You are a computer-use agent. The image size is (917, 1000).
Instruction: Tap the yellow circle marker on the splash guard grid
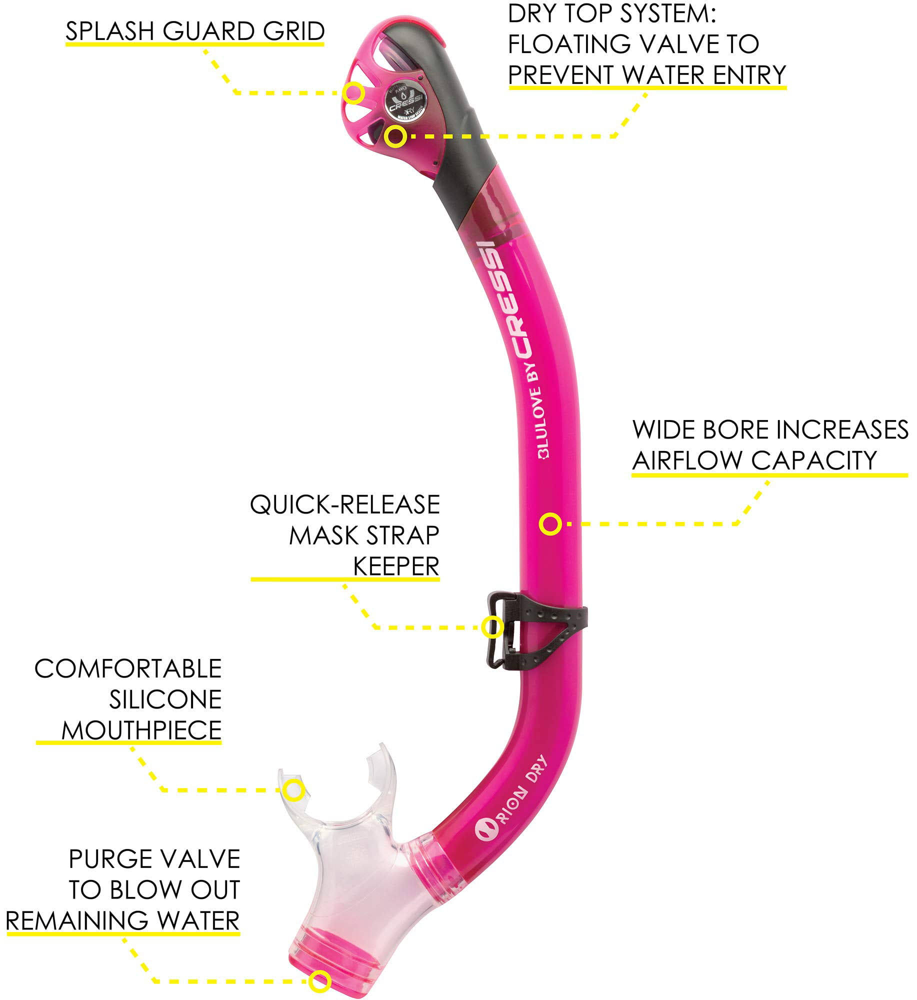[353, 93]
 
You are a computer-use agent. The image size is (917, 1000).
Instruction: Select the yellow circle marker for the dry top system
[395, 136]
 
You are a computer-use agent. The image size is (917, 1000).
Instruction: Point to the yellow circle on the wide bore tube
[550, 524]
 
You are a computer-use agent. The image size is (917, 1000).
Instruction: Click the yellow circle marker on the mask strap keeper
[492, 627]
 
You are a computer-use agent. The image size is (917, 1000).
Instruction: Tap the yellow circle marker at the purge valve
[319, 981]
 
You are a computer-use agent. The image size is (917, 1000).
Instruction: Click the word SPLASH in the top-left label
[110, 31]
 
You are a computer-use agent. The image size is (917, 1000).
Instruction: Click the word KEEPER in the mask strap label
[396, 567]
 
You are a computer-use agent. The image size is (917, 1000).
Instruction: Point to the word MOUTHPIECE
[141, 730]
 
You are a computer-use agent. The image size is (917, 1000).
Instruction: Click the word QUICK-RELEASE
[345, 505]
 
